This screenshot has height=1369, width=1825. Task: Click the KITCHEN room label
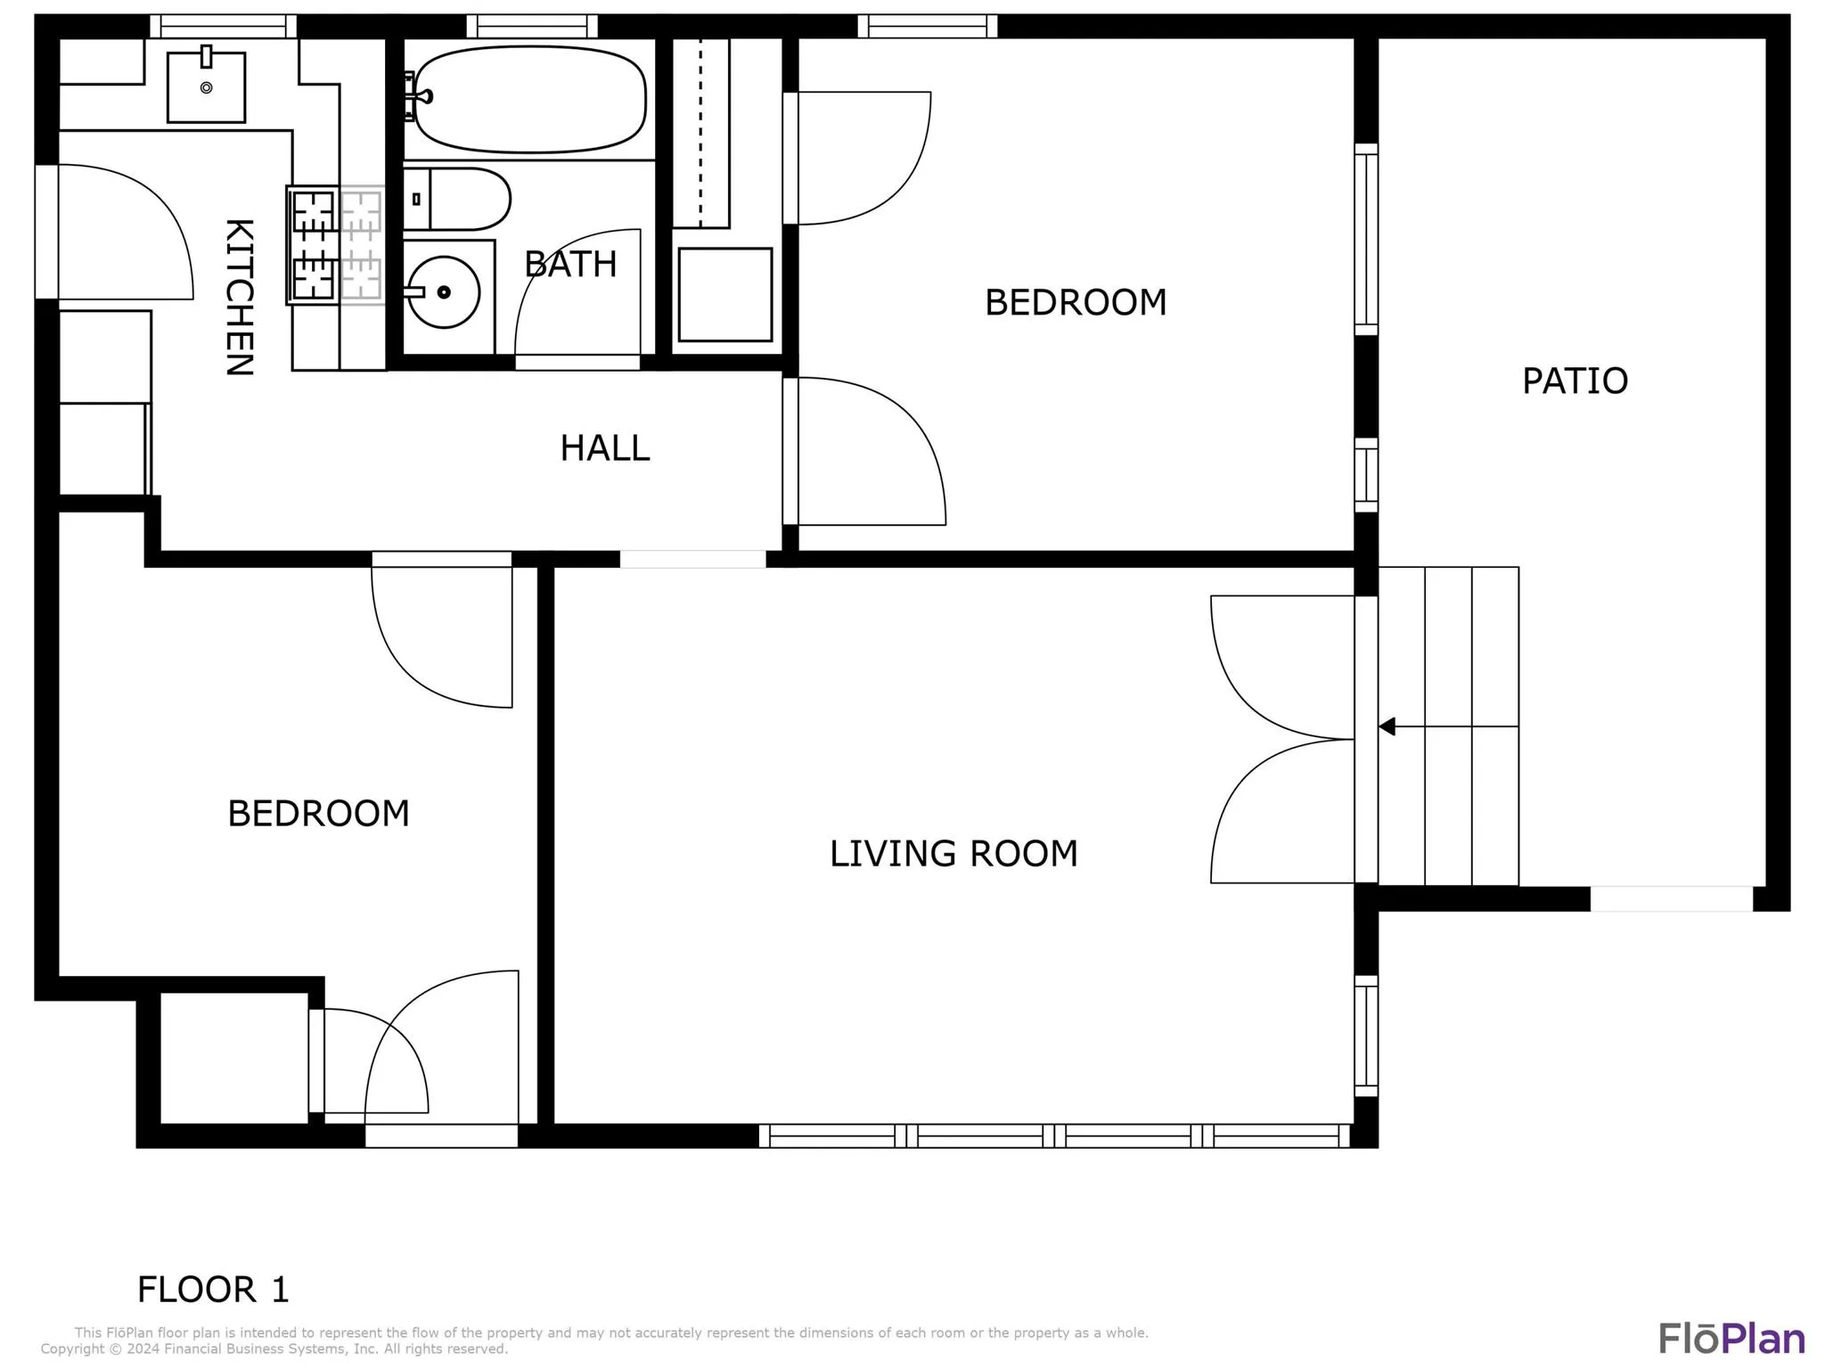[239, 297]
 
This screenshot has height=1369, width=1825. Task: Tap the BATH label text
[570, 264]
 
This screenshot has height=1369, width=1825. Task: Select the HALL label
[605, 447]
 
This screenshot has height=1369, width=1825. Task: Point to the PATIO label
[1575, 381]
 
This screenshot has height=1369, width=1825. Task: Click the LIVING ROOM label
[953, 853]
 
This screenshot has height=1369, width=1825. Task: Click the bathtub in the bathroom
[530, 100]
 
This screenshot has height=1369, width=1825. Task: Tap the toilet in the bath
[457, 199]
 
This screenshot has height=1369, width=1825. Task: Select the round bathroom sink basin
[443, 291]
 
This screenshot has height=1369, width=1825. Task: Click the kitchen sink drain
[207, 87]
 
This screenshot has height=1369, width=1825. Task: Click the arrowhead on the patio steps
[1387, 726]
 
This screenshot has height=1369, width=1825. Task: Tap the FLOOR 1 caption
[213, 1290]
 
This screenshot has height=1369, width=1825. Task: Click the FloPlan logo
[1731, 1339]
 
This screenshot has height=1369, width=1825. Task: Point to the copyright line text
[274, 1349]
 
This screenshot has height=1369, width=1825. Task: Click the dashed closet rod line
[700, 132]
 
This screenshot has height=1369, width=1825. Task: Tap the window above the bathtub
[532, 26]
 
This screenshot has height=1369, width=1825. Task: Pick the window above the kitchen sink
[223, 26]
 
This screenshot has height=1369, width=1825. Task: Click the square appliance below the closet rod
[725, 295]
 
